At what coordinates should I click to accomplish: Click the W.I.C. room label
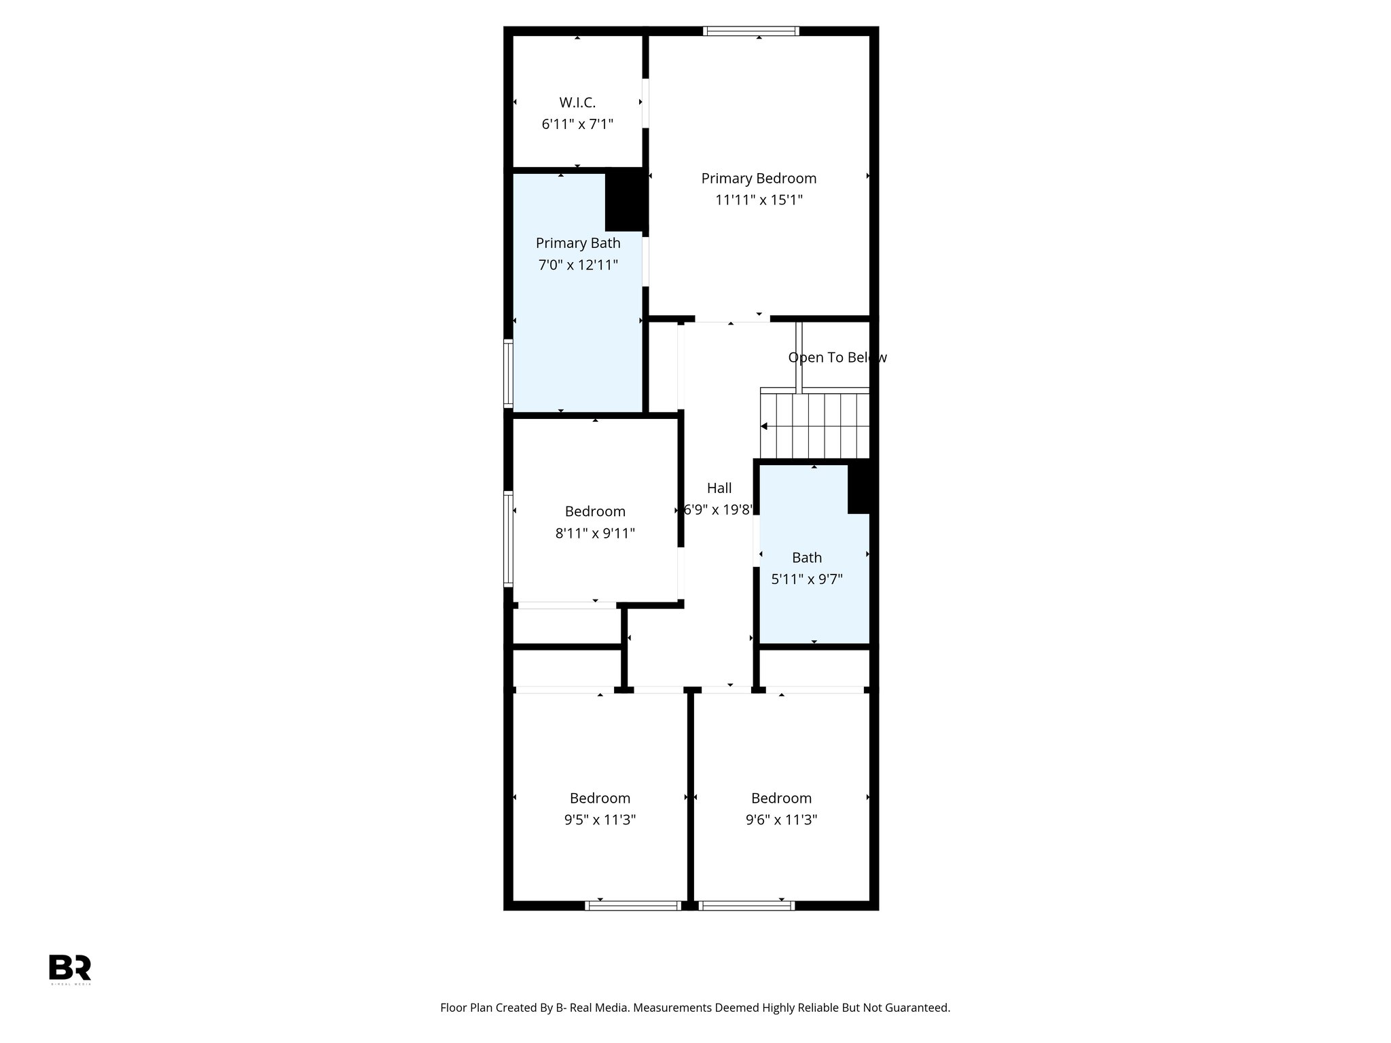577,103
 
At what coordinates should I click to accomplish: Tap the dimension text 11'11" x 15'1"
759,200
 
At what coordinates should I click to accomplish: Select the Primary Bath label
578,243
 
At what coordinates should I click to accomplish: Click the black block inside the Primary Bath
625,199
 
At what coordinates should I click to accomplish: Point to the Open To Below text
837,357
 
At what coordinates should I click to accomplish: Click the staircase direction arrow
765,426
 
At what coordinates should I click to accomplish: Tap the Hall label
719,488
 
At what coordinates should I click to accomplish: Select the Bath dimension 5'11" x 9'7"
807,579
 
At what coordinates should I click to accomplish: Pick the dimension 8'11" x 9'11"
595,533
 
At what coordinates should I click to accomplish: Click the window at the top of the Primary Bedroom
751,31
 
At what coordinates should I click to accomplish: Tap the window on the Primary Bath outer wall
507,373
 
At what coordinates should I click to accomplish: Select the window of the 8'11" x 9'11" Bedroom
507,538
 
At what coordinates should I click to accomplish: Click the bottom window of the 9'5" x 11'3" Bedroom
633,905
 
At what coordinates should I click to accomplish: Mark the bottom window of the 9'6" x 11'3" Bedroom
746,905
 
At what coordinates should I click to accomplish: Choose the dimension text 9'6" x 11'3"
781,820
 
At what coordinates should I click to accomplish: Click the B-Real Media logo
70,968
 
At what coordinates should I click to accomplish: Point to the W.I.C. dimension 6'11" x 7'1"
577,124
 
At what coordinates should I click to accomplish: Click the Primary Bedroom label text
759,178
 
